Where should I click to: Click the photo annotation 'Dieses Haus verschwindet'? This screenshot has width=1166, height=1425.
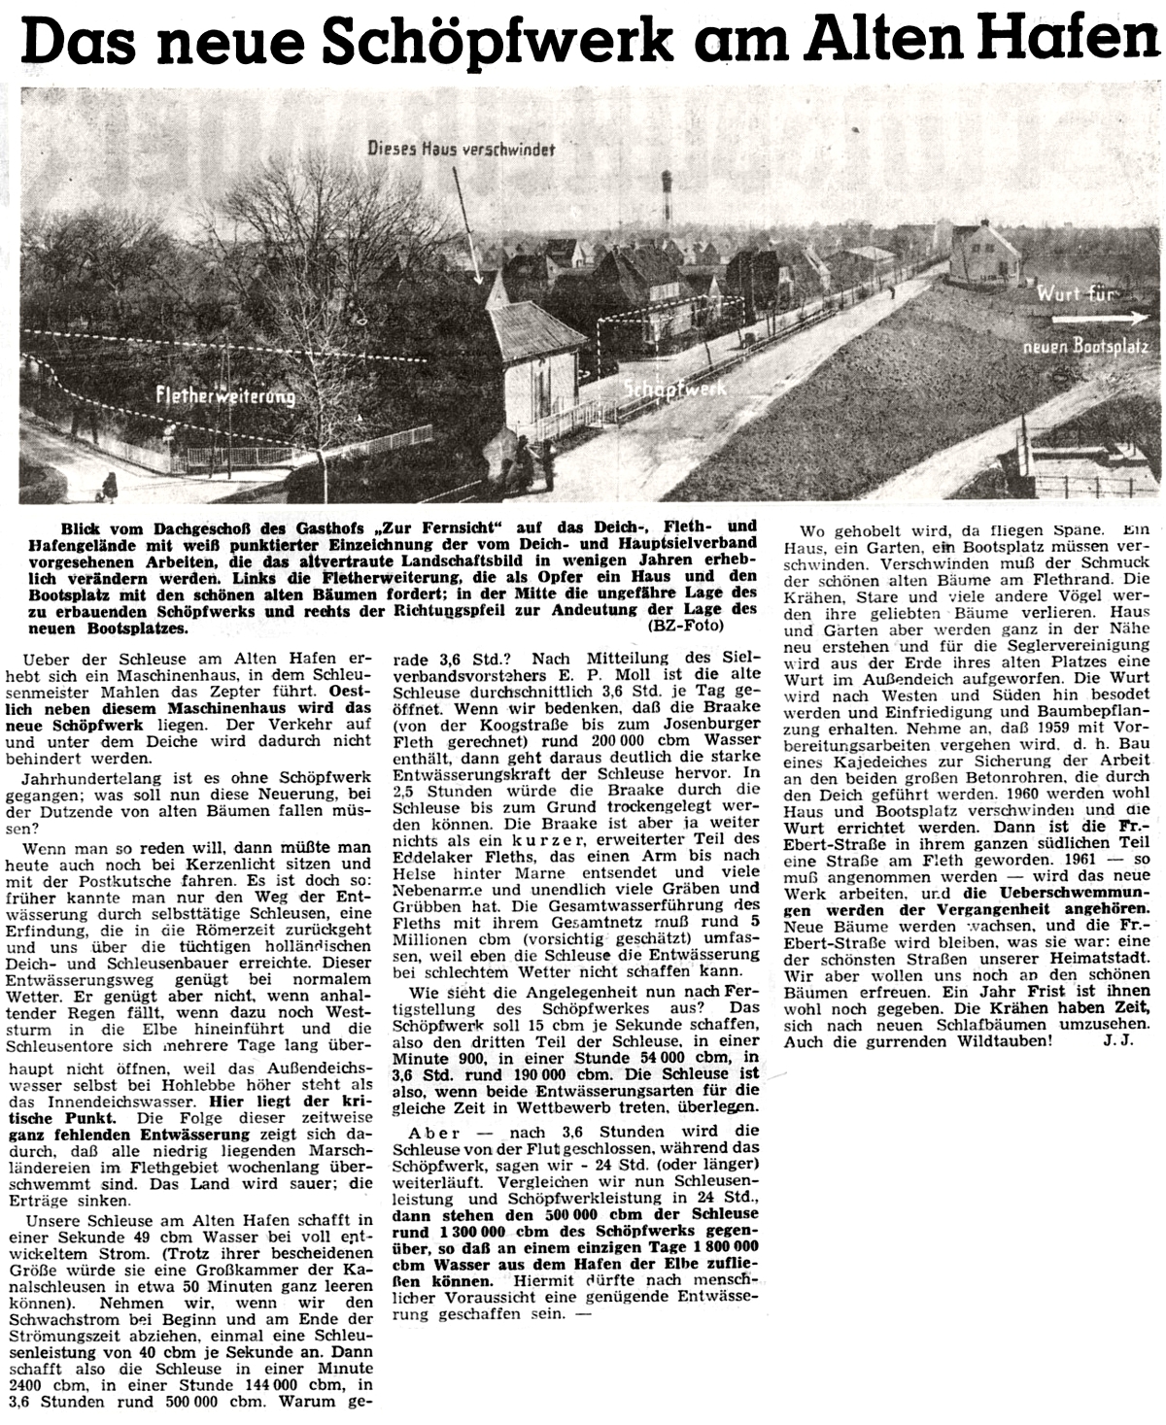tap(461, 149)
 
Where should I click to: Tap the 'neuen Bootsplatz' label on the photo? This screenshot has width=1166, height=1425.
tap(1086, 347)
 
